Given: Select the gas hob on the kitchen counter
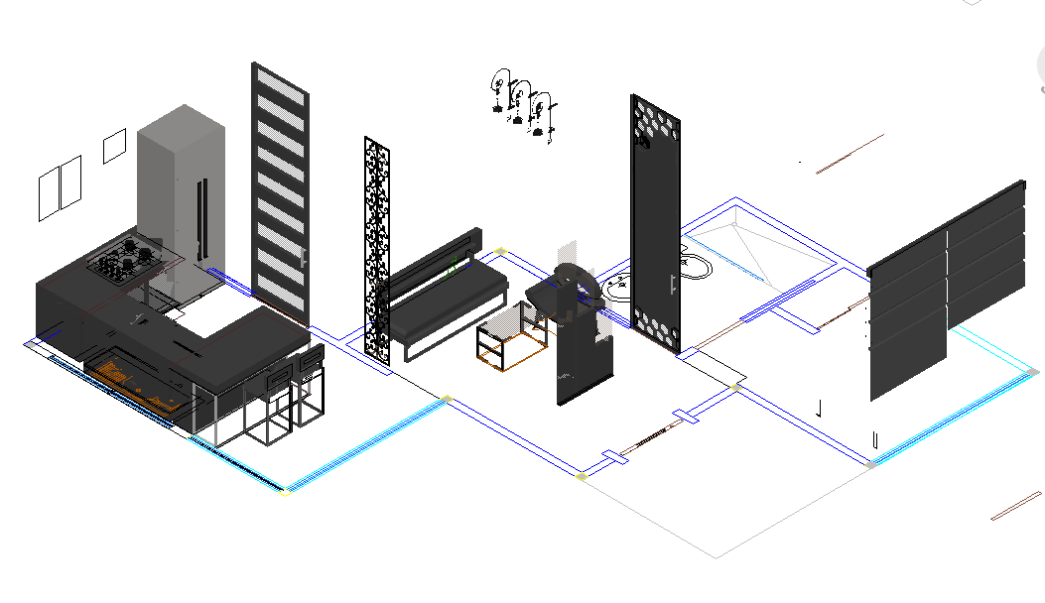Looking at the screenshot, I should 125,259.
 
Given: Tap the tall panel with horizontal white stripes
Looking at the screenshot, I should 280,188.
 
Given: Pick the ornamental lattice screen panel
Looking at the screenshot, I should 377,248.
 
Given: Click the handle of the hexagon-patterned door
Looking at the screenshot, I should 673,284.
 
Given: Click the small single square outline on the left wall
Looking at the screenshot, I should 114,146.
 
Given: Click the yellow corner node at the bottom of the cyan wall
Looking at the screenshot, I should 286,492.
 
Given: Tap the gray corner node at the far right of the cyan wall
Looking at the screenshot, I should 1033,372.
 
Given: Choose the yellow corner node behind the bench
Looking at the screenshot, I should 501,251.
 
